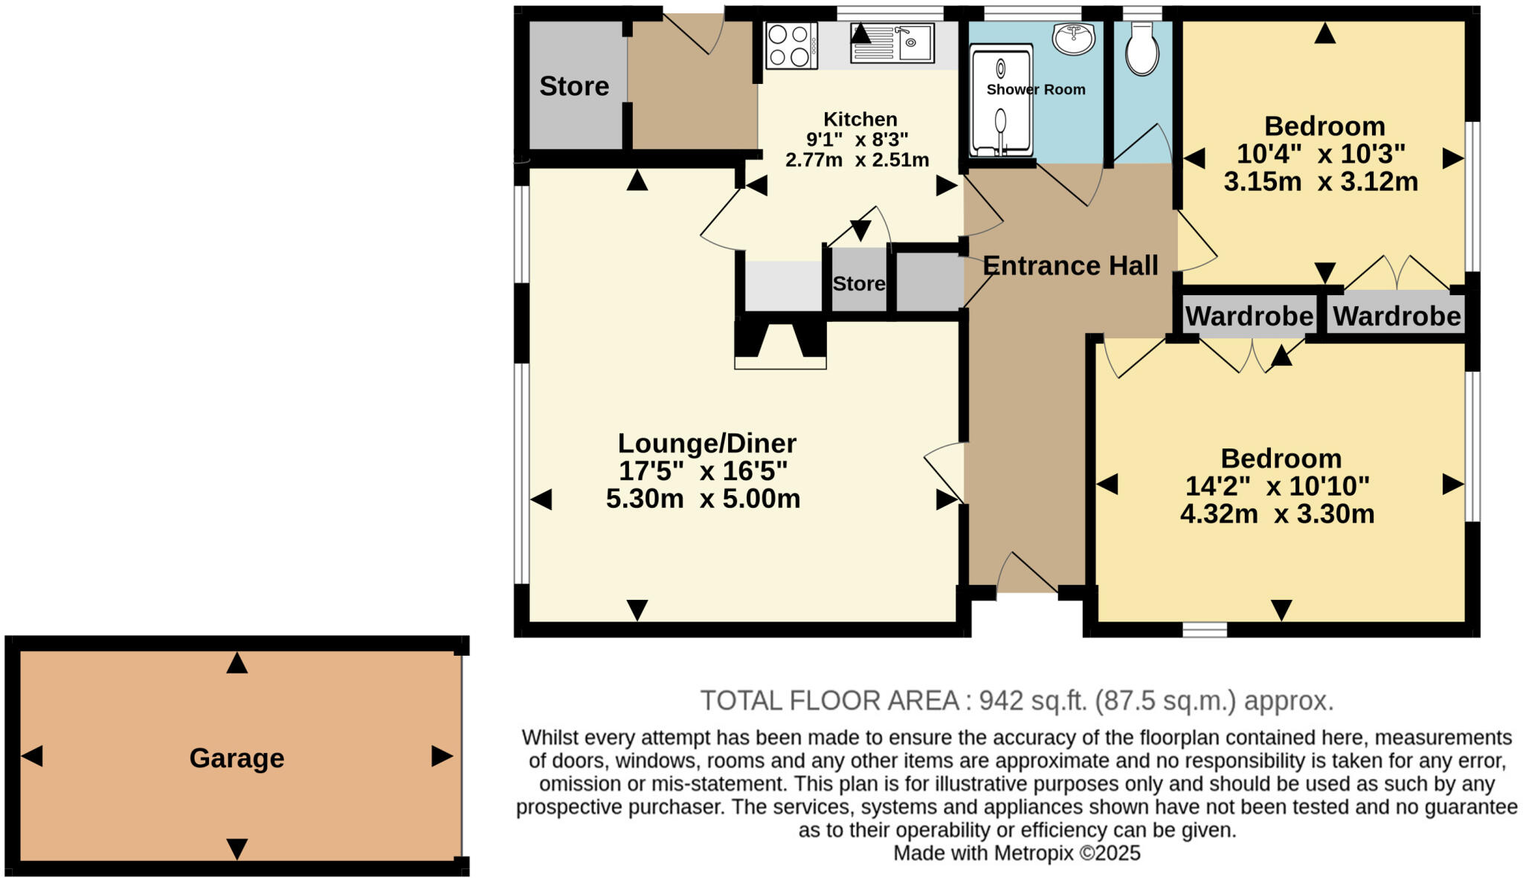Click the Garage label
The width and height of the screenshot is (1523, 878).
coord(236,758)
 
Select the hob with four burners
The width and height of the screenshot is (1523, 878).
coord(791,46)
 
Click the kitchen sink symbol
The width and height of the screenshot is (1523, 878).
coord(892,43)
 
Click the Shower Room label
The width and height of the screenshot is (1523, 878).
coord(1035,90)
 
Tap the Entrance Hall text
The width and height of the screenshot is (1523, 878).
coord(1069,265)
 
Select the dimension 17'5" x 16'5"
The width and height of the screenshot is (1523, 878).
coord(703,471)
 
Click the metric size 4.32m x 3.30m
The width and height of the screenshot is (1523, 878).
coord(1276,514)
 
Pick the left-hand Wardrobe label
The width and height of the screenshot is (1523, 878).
coord(1249,317)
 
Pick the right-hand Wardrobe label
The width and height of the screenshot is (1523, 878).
coord(1396,317)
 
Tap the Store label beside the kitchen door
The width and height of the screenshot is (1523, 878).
coord(858,284)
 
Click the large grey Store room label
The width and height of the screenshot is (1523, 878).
coord(574,86)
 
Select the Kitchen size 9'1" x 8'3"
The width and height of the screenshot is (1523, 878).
coord(857,140)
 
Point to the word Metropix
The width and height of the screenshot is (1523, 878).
coord(1033,853)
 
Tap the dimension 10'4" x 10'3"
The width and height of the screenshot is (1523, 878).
coord(1320,154)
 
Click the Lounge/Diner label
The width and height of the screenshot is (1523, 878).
coord(706,443)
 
